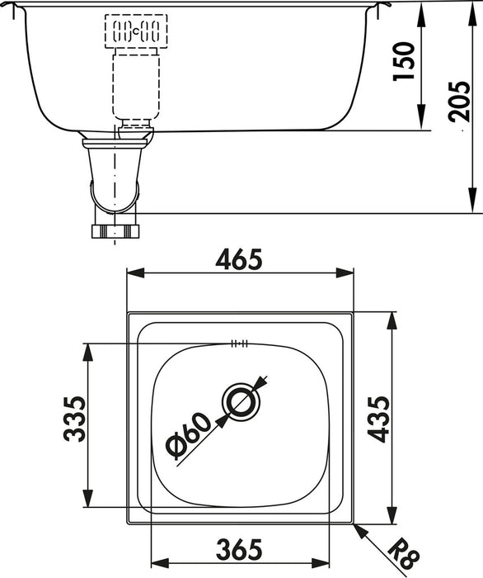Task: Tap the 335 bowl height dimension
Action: [x=73, y=420]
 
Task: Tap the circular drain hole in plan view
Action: [x=242, y=402]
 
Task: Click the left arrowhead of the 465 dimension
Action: [x=132, y=274]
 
